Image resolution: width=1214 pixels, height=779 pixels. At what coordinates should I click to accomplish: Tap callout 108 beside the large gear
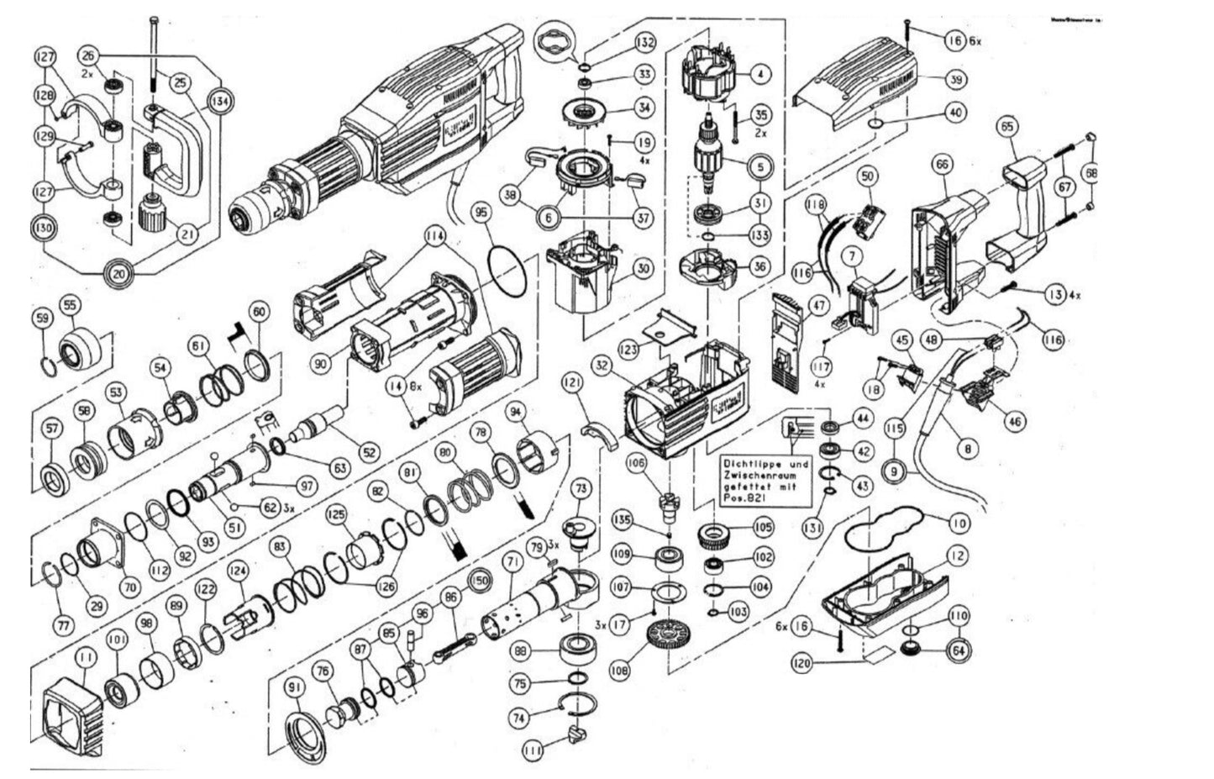pyautogui.click(x=619, y=671)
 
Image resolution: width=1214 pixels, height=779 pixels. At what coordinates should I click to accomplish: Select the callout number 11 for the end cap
pyautogui.click(x=85, y=657)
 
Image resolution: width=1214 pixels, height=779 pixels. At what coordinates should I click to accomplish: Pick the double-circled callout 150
pyautogui.click(x=480, y=580)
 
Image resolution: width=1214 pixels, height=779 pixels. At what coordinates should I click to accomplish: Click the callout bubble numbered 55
pyautogui.click(x=70, y=306)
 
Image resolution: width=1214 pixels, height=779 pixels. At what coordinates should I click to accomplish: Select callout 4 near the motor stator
pyautogui.click(x=759, y=74)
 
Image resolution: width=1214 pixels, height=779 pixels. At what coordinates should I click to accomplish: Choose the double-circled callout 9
pyautogui.click(x=896, y=472)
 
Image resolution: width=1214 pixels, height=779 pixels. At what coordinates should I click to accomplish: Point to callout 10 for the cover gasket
pyautogui.click(x=959, y=524)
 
